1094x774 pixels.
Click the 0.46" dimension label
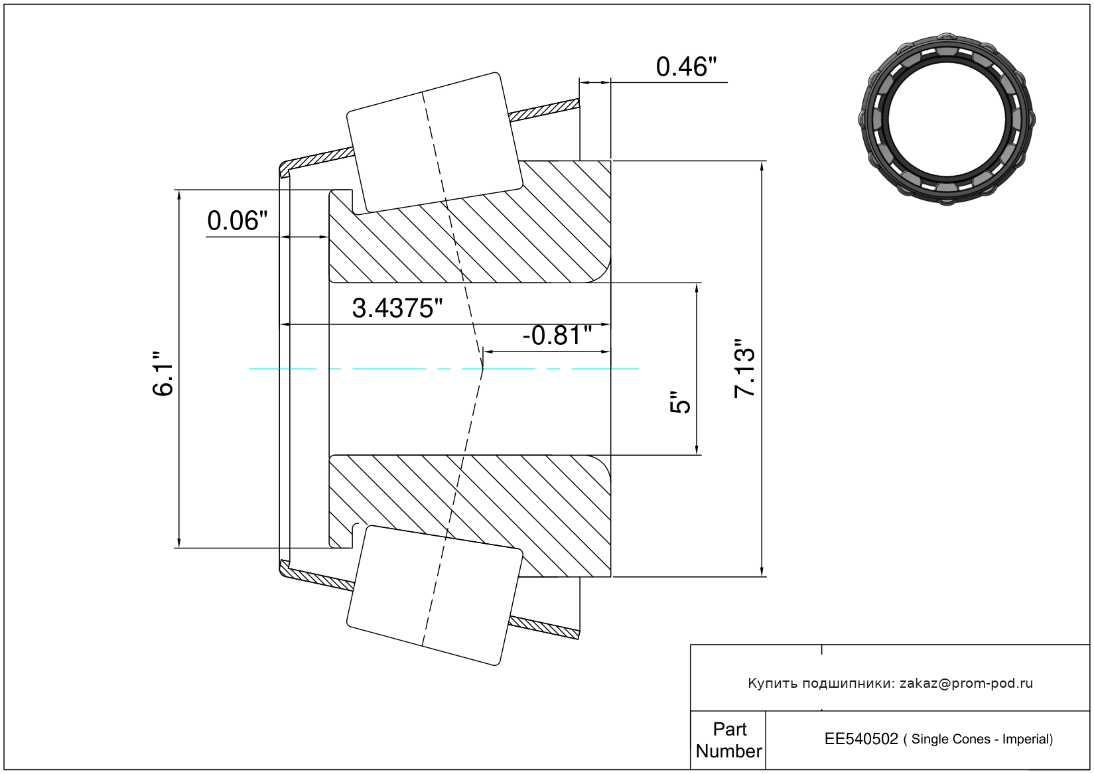[686, 67]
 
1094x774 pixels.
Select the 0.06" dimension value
[238, 221]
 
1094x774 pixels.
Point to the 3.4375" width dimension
[397, 308]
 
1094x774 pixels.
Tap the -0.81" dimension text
[557, 336]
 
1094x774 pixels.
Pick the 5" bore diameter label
[680, 402]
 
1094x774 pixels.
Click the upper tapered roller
[435, 143]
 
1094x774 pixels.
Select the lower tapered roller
[435, 596]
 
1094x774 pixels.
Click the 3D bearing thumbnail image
[947, 119]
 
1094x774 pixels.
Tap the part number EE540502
[861, 739]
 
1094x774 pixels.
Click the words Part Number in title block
[728, 740]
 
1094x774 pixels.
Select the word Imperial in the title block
[1028, 740]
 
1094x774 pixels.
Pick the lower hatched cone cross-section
[470, 516]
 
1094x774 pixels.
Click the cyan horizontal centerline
[444, 369]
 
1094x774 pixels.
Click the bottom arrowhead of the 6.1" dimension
[179, 543]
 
